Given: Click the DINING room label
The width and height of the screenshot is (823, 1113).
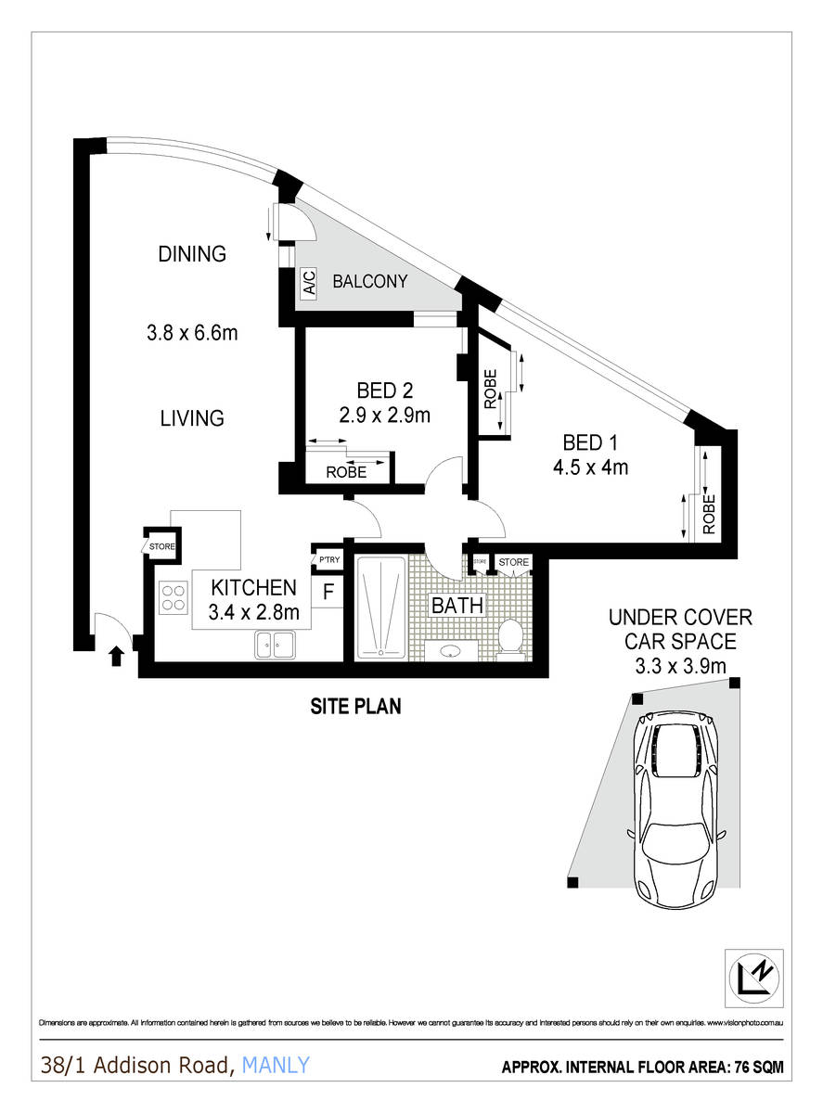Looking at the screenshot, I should point(192,254).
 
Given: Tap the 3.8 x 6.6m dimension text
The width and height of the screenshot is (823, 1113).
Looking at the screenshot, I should point(192,332).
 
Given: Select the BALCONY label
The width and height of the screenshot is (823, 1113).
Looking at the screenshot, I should point(370,282).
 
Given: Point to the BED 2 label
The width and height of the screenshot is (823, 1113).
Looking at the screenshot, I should point(384,390).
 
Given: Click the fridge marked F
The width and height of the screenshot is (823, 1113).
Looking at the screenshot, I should point(328,591).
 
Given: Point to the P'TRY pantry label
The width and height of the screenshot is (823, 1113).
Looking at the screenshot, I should point(328,560).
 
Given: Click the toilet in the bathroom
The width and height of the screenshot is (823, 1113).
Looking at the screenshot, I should point(509,638).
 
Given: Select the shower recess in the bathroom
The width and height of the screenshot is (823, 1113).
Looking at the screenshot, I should point(380,608).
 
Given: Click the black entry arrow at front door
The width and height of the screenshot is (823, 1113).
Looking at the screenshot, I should point(115,657).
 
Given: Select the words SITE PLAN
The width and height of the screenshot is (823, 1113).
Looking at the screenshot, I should point(355,707).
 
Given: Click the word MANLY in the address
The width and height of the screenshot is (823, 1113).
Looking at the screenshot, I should point(276,1067).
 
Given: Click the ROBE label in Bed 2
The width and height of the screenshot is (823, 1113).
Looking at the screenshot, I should point(345,472).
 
